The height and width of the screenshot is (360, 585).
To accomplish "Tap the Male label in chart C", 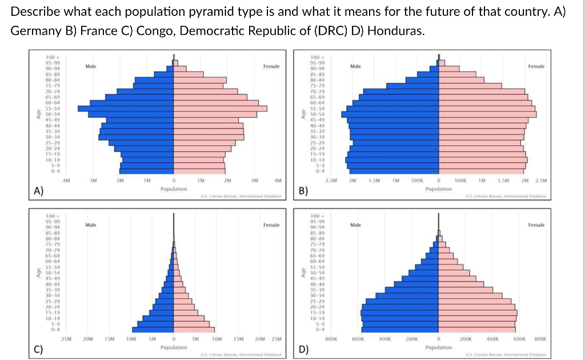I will click(90, 225).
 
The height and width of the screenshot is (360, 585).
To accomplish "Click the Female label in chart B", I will click(536, 67).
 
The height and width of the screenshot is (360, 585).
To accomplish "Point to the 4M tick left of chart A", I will click(66, 181).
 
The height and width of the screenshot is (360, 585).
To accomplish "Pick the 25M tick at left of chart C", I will click(66, 339).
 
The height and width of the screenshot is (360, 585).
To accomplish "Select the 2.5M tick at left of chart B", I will click(331, 181).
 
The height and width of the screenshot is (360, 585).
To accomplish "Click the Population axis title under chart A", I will click(174, 188).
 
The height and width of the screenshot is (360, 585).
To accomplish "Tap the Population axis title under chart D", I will click(439, 347).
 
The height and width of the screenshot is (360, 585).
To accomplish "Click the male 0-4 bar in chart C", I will click(153, 329).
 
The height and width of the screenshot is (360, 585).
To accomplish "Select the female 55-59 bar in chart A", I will click(220, 108).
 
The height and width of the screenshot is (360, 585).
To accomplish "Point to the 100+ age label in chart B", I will click(316, 57).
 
